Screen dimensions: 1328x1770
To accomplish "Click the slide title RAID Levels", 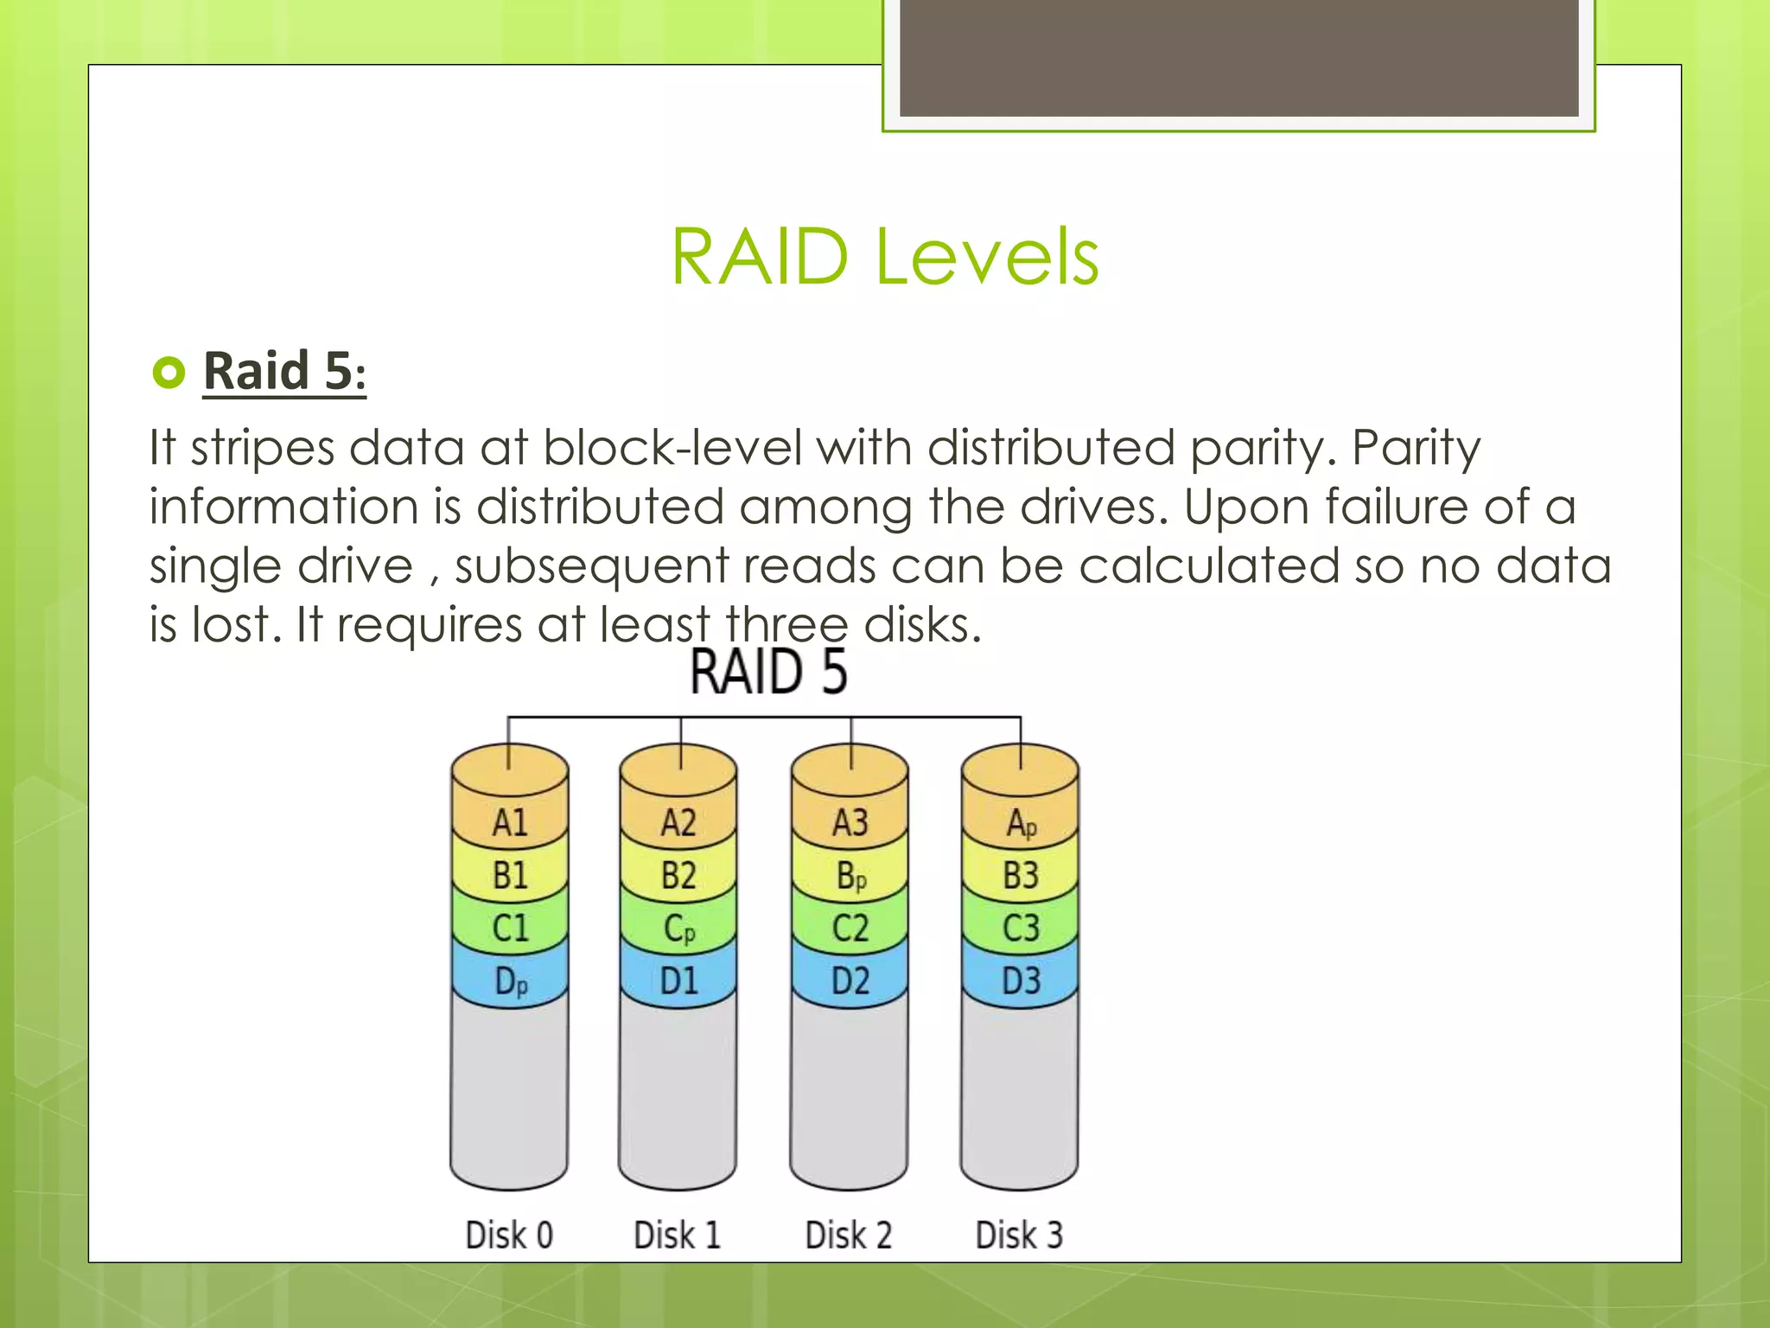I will (884, 257).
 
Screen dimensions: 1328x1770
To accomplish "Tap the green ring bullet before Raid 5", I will (169, 373).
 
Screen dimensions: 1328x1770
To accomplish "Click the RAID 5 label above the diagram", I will (768, 672).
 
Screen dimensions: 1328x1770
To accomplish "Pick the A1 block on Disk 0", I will (510, 822).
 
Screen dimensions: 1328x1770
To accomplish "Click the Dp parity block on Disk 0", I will (510, 982).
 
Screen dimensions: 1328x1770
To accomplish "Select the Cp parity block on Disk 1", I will (679, 929).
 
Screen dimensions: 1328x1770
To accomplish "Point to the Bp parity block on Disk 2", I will (850, 876).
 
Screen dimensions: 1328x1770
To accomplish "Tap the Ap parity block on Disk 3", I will (1021, 823).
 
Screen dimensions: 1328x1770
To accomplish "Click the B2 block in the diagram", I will (679, 876).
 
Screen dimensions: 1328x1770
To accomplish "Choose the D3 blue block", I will (1021, 981).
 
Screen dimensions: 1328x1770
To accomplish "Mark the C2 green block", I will (850, 929).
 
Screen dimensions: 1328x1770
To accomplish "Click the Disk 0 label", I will (509, 1235).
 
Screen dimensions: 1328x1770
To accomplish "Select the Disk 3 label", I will (1019, 1235).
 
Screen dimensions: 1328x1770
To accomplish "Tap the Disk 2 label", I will (849, 1235).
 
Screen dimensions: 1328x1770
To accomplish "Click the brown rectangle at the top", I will (1238, 57).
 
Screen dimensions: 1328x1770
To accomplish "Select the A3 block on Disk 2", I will (850, 822).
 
